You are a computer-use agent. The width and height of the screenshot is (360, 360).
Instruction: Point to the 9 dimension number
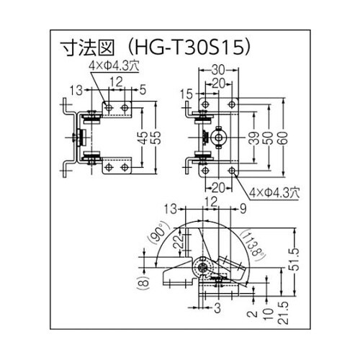(x=243, y=210)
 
